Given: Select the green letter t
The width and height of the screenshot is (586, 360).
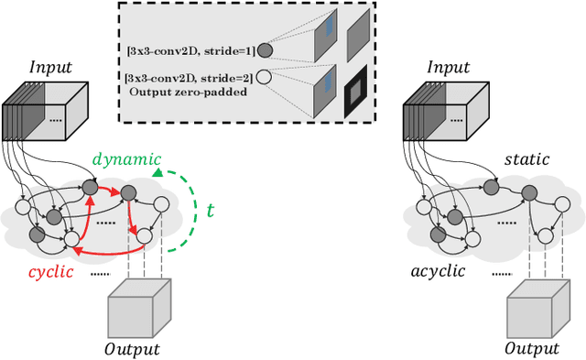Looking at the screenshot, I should (x=210, y=210).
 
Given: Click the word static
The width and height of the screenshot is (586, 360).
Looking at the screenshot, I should (x=527, y=159).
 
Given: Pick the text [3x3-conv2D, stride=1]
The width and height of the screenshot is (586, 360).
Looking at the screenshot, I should (x=192, y=51).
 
